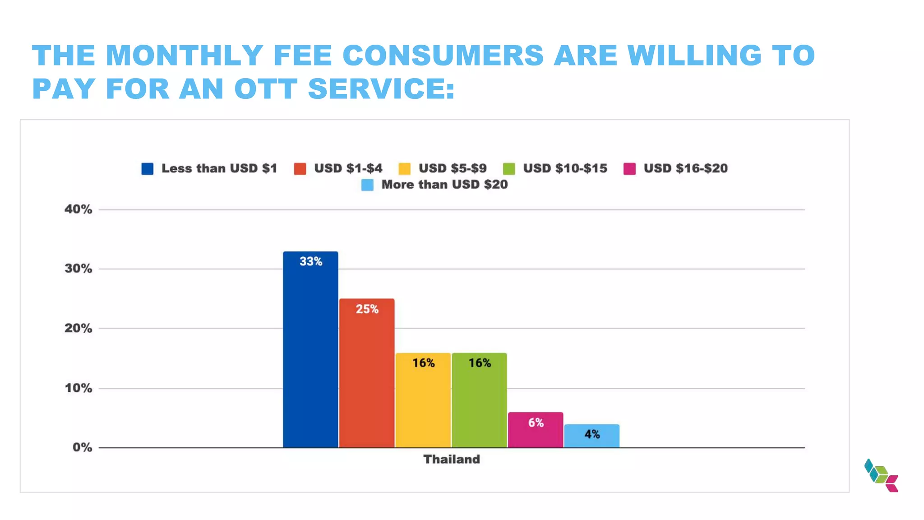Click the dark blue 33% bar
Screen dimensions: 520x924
(310, 350)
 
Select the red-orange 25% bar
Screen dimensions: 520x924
(367, 373)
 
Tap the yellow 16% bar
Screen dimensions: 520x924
(423, 400)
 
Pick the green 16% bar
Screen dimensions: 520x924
(479, 400)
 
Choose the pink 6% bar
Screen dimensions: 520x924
(536, 430)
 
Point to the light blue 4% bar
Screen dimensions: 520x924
(591, 436)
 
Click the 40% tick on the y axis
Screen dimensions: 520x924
(79, 209)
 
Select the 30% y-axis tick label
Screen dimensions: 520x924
(79, 269)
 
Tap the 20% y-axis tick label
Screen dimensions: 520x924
(79, 329)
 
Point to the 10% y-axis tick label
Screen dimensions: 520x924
(79, 388)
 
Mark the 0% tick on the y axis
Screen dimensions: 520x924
(82, 448)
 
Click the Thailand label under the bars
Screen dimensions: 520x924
(452, 460)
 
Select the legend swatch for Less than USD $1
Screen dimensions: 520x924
(148, 169)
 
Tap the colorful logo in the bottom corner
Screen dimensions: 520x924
(881, 475)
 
